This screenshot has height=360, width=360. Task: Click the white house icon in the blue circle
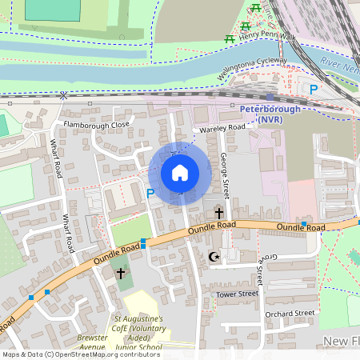pos(180,173)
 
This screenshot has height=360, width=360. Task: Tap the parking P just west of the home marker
pos(150,193)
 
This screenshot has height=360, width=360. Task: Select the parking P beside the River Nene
pos(314,90)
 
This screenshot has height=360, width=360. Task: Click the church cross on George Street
pos(219,213)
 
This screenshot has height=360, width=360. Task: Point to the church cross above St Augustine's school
pos(121,274)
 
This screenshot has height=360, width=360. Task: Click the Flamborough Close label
pos(98,125)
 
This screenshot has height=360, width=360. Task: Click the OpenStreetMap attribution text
pos(80,354)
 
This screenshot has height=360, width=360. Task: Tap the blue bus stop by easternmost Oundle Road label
pos(304,223)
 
